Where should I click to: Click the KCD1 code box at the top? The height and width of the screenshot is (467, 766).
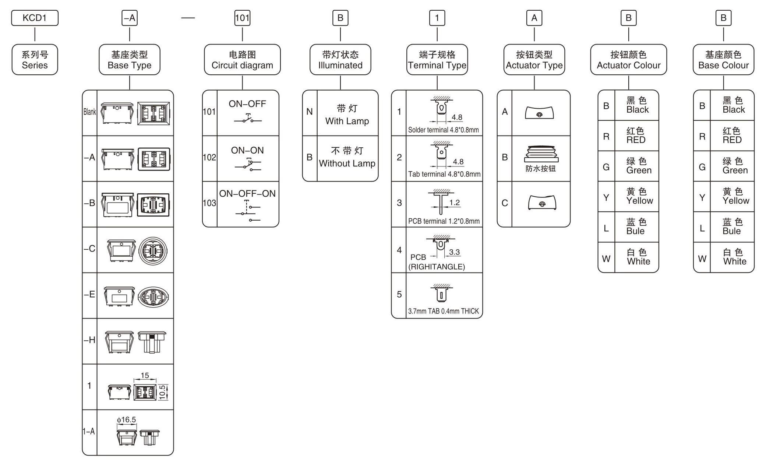pos(35,18)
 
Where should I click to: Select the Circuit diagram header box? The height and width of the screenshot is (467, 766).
pos(242,60)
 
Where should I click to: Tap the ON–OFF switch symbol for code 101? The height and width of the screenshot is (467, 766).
pos(248,119)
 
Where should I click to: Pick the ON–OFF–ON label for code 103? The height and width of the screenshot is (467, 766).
pos(247,194)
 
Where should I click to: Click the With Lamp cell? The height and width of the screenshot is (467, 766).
pos(347,115)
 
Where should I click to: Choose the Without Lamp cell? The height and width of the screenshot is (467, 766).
pos(347,158)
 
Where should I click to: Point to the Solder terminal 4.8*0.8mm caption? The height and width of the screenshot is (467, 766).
pos(443,130)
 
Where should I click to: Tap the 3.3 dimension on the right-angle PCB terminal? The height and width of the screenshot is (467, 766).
pos(454,252)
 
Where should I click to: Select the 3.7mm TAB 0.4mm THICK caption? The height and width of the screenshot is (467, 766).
pos(443,311)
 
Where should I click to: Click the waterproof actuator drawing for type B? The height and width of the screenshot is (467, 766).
pos(541,154)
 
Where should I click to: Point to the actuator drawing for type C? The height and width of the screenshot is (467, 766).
pos(542,202)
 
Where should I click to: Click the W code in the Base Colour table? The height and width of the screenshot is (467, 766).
pos(702,259)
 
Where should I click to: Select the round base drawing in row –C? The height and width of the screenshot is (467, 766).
pos(153,251)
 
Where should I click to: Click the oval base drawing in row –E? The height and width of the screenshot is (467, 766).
pos(153,296)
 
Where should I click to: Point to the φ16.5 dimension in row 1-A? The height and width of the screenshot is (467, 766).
pos(126,420)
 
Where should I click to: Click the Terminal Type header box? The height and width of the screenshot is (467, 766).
pos(437,60)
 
